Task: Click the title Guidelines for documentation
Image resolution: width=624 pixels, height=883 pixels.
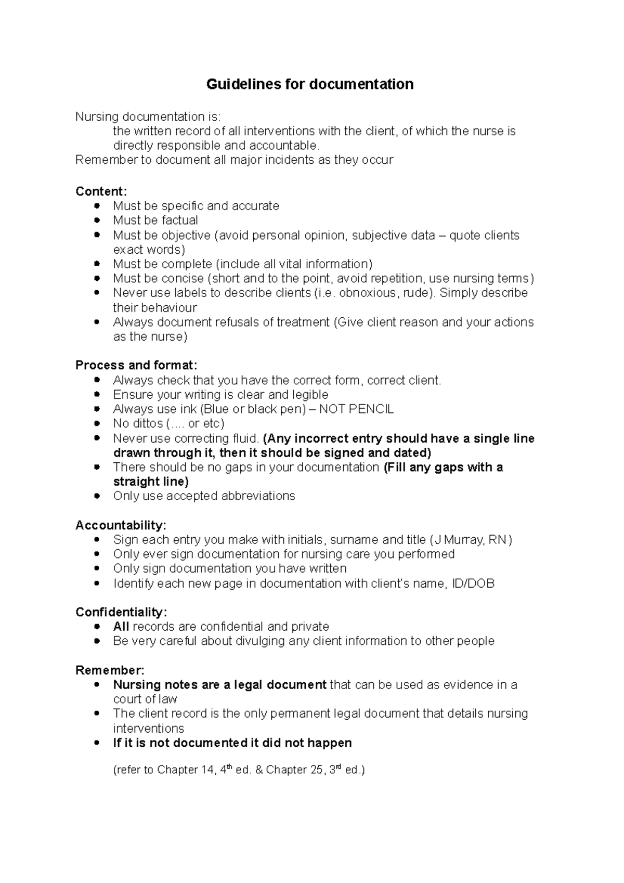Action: (x=310, y=84)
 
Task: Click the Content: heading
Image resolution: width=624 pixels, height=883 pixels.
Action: (x=101, y=191)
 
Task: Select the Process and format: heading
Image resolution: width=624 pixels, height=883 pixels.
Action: (x=136, y=365)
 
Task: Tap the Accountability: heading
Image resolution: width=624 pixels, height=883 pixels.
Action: (x=121, y=525)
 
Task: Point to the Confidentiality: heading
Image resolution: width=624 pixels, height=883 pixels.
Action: (x=121, y=612)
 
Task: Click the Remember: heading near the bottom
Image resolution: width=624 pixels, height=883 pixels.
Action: (x=110, y=670)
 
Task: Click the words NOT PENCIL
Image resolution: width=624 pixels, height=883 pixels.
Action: (x=356, y=409)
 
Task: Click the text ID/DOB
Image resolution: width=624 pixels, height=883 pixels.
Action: (x=473, y=583)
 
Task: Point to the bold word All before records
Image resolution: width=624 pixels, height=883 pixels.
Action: (x=121, y=627)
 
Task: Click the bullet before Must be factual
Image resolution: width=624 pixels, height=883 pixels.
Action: (x=97, y=220)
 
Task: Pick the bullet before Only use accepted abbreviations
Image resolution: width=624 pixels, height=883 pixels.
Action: (x=97, y=496)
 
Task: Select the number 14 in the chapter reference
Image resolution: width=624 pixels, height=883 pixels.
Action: (x=206, y=770)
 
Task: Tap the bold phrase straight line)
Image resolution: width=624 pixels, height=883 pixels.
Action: (x=151, y=482)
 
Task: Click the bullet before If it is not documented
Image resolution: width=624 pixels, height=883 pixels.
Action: (x=97, y=743)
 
